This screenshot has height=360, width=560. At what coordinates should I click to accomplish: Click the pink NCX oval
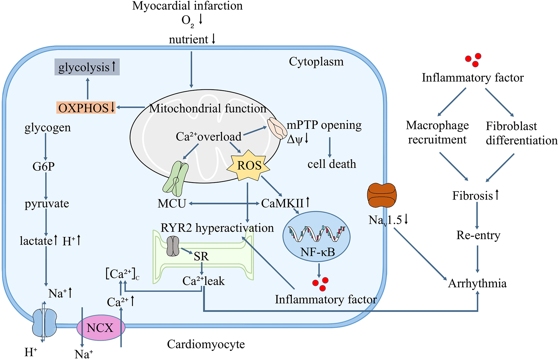click(x=100, y=328)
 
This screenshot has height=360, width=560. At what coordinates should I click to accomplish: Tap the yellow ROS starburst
click(x=249, y=166)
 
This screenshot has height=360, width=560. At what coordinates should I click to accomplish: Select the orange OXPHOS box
click(x=86, y=108)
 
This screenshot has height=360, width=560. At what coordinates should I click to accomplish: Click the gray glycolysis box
click(x=87, y=67)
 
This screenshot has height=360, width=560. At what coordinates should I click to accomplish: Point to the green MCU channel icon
click(x=176, y=178)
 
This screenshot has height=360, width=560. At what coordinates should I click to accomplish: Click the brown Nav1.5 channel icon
click(x=382, y=195)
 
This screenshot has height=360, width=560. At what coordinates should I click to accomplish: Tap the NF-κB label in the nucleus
click(x=317, y=252)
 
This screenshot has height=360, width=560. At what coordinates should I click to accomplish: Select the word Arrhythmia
click(x=477, y=283)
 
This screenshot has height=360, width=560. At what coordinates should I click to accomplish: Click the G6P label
click(x=44, y=166)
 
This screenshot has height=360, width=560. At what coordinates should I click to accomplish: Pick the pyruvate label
click(x=47, y=204)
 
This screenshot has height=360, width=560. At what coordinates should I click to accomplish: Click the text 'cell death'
click(x=332, y=164)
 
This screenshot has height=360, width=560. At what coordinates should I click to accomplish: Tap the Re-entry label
click(x=478, y=235)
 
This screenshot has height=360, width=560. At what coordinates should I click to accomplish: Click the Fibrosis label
click(x=473, y=196)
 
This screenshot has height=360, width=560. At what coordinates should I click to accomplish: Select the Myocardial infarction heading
click(x=187, y=6)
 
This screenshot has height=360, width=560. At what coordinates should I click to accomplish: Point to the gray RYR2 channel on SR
click(x=173, y=246)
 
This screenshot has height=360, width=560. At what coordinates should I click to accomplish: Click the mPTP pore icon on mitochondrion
click(x=277, y=127)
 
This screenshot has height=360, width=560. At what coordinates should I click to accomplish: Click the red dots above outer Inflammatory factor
click(x=474, y=60)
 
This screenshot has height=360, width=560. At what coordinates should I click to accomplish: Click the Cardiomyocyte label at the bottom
click(x=206, y=344)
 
